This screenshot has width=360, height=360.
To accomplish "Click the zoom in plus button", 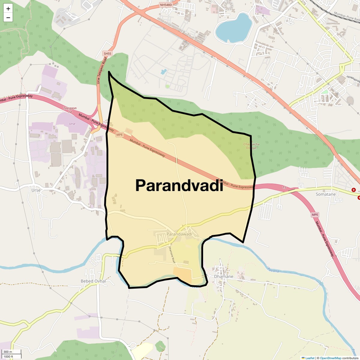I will click(x=8, y=9).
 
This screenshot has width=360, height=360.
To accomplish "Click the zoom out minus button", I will click(x=8, y=18).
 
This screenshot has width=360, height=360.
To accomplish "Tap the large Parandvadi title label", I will click(x=179, y=185).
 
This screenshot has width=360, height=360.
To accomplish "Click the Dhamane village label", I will click(x=223, y=276).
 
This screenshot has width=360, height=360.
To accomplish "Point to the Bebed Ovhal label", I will click(x=93, y=281).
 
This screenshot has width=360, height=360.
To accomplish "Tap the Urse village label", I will click(x=36, y=190).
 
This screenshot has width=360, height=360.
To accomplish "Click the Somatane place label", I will click(x=325, y=194).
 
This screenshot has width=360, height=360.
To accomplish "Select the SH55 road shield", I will click(x=107, y=54).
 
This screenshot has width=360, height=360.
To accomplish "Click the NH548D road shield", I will click(x=166, y=5).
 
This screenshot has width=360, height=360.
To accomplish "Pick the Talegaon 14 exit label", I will click(x=70, y=110).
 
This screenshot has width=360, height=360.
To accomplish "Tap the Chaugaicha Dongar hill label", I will click(x=251, y=146).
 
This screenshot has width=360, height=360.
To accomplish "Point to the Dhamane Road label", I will click(x=172, y=255).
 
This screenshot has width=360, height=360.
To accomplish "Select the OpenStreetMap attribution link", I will click(x=330, y=358).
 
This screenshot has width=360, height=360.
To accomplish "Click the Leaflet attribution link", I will click(x=310, y=358).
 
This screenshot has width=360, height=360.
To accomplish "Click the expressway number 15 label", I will click(x=284, y=187).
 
